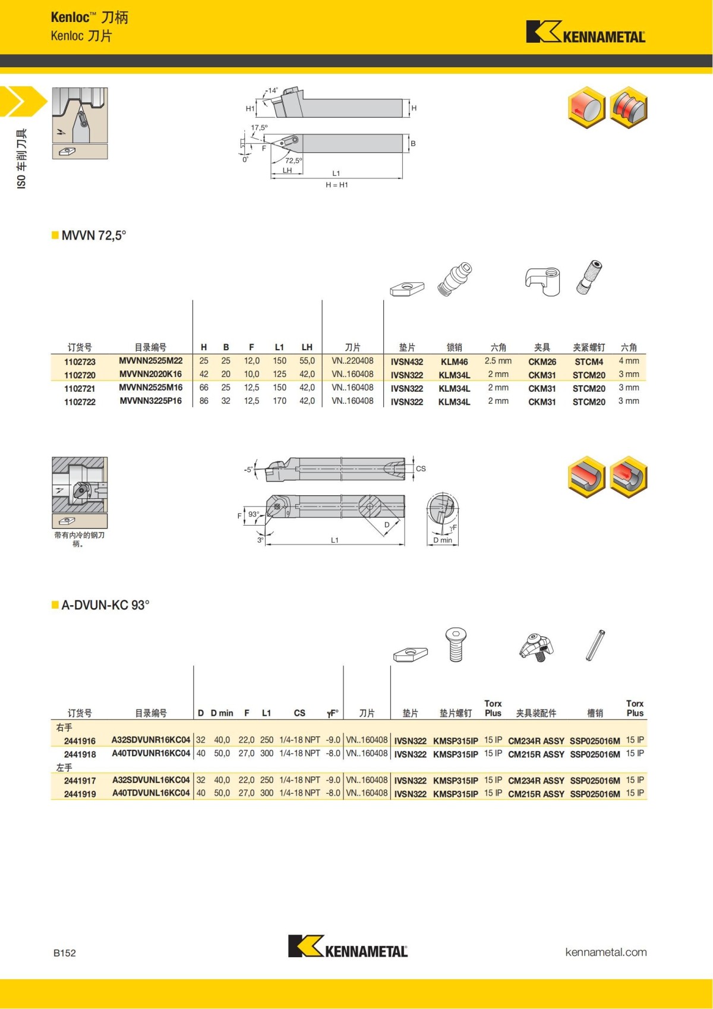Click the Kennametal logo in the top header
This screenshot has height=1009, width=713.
pos(585,33)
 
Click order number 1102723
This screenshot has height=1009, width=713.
pos(80,362)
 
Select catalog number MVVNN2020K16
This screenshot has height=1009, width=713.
pos(150,374)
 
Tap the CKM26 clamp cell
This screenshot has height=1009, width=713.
pos(542,362)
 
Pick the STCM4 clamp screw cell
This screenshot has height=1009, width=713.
pos(589,362)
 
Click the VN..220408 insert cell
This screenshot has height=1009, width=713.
pos(352,361)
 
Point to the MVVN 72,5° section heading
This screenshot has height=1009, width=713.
pos(93,235)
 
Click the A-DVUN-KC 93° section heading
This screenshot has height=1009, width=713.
pos(105,605)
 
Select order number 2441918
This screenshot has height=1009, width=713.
pos(80,754)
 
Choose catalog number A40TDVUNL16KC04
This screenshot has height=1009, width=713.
pos(151,793)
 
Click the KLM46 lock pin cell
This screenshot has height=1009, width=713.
pos(454,362)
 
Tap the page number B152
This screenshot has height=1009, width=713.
pos(65,953)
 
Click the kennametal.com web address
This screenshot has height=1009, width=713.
pos(605,952)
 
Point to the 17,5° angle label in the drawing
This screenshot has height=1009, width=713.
pos(259,128)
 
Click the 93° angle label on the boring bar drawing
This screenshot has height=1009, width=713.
pos(254,514)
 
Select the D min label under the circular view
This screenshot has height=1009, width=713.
pos(443,540)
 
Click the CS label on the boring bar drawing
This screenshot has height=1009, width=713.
pos(421,469)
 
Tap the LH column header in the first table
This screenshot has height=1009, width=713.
pos(307,347)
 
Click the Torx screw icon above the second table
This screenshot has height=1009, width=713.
pos(456,645)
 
